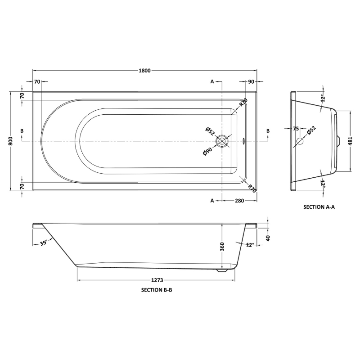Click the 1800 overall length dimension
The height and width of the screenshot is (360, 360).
coord(144,71)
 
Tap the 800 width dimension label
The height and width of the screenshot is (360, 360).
coord(10,141)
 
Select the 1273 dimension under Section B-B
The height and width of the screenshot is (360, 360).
coord(157,280)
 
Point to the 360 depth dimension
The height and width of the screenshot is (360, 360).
coord(222,247)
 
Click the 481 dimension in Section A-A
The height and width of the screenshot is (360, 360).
coord(350,141)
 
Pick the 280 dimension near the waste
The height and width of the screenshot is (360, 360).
coord(239,201)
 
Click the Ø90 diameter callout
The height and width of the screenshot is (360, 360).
coord(207,152)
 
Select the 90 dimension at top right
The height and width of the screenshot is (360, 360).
coord(251,81)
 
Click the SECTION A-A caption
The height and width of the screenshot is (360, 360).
coord(319,207)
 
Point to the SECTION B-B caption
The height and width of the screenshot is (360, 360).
coord(157,290)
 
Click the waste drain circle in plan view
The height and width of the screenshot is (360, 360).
coord(222,141)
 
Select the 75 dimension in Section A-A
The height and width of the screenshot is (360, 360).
coord(296,129)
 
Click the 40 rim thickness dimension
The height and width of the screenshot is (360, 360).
coord(268,238)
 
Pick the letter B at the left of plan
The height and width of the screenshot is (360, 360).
coord(22,131)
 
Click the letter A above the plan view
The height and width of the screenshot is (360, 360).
coord(212,81)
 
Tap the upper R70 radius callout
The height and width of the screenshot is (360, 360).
coord(243,103)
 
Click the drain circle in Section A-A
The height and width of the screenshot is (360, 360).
coord(300,141)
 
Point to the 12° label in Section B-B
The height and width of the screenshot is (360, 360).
coord(250,245)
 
